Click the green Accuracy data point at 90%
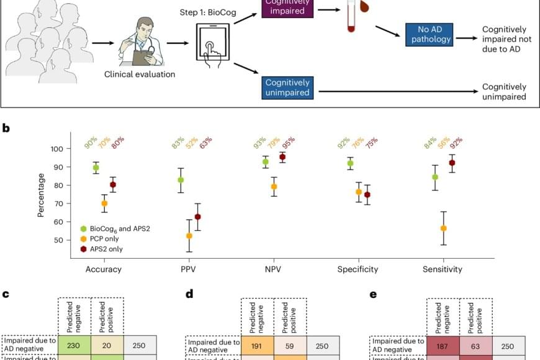(96, 168)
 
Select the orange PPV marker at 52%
(189, 236)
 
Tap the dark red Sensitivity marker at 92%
(451, 163)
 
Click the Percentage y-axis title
(41, 194)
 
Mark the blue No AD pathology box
(429, 34)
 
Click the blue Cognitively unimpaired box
(287, 88)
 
